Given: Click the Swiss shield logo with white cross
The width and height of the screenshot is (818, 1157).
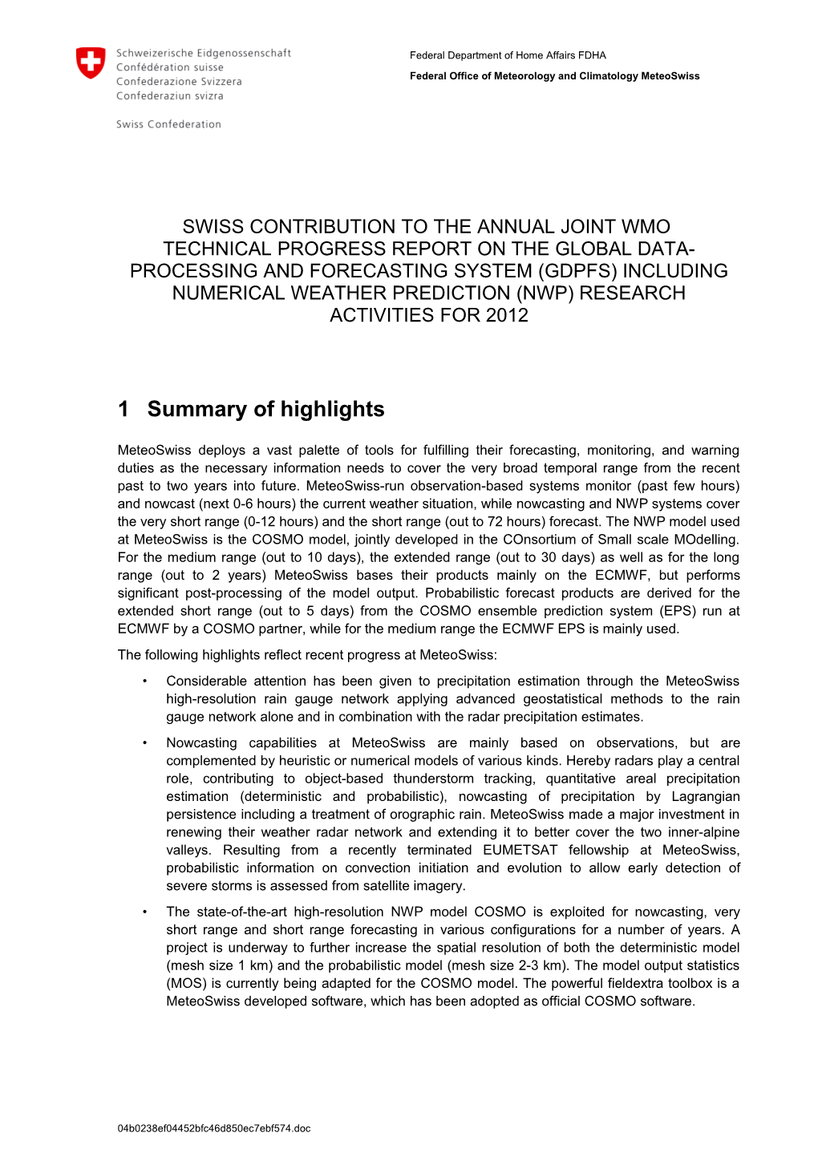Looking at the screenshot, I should tap(90, 63).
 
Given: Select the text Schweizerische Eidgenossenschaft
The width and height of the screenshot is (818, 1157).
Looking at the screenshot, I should tap(204, 53).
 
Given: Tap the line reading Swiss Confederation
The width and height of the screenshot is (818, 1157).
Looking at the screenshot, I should tap(168, 124).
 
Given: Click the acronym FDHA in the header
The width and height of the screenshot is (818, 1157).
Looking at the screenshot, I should tap(592, 55).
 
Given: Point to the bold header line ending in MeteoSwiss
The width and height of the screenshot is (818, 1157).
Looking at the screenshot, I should tap(554, 76).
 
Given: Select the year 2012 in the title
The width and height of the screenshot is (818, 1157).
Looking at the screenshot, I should tap(506, 315).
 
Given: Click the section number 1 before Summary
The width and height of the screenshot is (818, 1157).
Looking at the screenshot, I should tap(124, 409).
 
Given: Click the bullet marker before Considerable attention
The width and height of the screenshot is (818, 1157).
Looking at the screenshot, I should tap(145, 682).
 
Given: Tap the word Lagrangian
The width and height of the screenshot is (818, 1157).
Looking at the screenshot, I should tap(704, 797).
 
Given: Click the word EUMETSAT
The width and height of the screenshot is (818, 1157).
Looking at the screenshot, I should tap(520, 851).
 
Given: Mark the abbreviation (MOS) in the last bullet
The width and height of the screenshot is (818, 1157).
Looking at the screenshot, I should tap(185, 984).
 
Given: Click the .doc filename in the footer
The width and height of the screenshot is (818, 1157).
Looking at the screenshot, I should tap(214, 1128).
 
